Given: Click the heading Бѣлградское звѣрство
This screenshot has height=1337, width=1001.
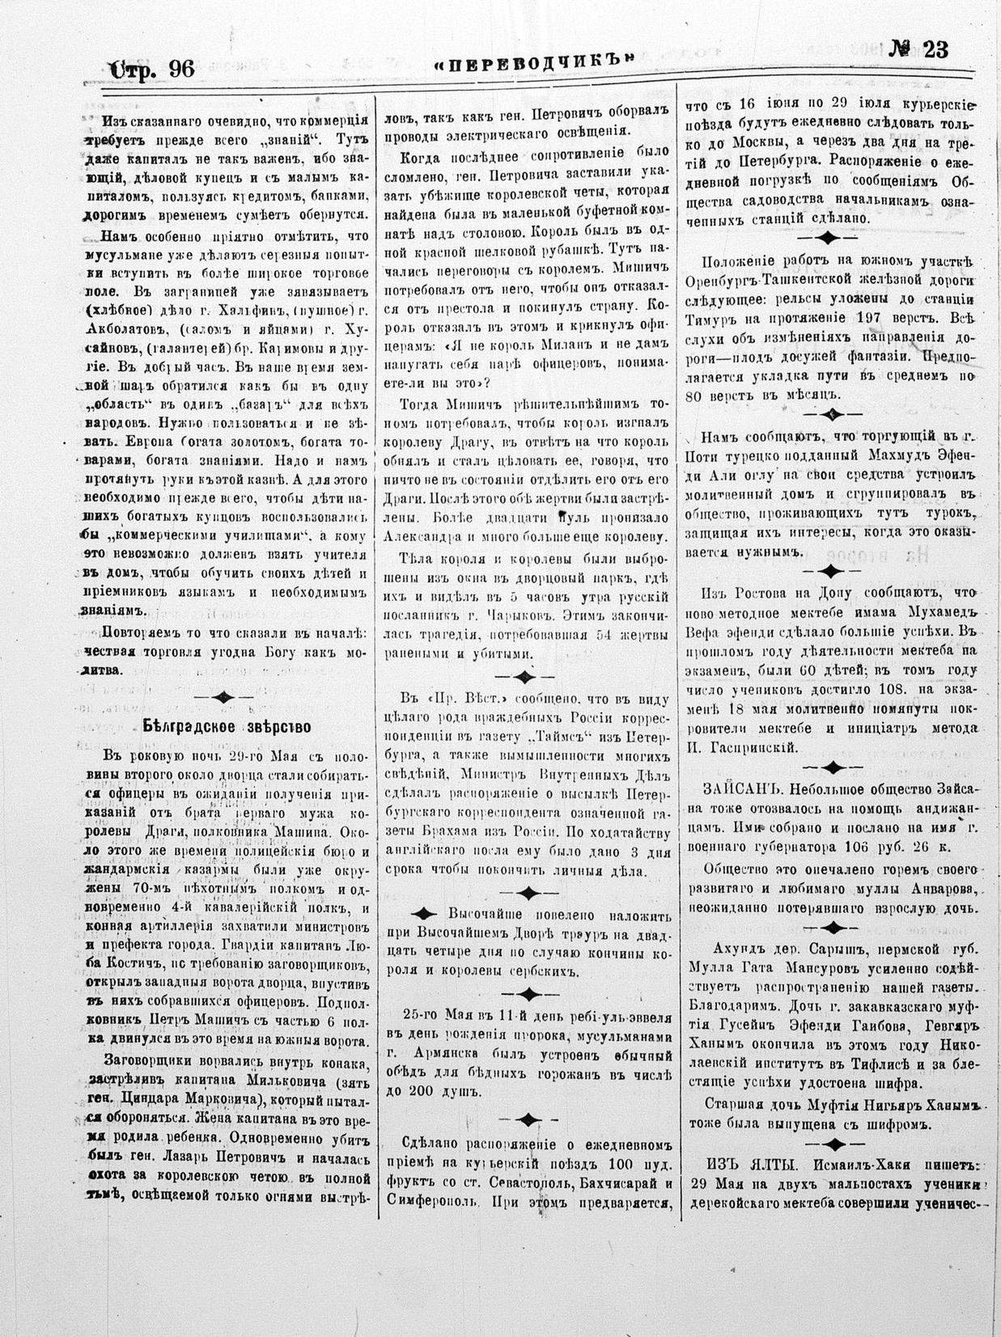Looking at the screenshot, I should (227, 726).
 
